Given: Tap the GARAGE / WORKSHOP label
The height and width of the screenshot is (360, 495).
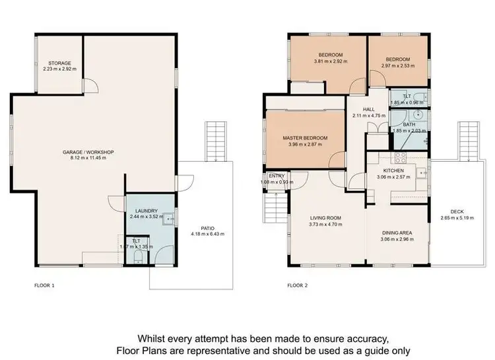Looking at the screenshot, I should tap(88, 153).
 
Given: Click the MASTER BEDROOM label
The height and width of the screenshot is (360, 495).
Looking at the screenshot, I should tap(305, 138).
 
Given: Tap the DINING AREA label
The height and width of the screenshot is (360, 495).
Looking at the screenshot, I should tap(399, 233).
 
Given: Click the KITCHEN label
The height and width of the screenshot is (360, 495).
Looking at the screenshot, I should tap(394, 170).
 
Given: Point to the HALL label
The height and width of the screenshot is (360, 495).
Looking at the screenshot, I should tap(368, 110).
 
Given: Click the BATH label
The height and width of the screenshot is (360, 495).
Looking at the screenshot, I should tap(409, 124).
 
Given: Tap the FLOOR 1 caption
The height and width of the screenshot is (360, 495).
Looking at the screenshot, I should tap(44, 286).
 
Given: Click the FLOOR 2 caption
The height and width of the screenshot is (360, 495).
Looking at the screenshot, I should tap(298, 286).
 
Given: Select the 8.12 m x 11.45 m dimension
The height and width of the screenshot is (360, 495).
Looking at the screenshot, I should tap(88, 159).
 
